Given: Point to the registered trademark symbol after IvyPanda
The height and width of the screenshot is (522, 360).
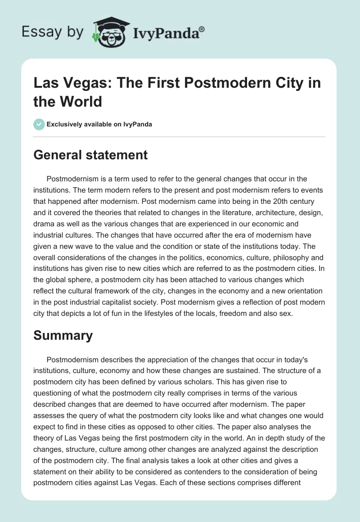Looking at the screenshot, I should (202, 28).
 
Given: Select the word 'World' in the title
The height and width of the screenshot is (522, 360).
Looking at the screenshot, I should (80, 101).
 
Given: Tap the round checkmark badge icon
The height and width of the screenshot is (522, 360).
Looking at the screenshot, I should (39, 124).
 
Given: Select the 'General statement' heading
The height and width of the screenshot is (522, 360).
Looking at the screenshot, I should (90, 155).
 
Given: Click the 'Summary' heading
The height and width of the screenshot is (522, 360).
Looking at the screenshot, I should (63, 335).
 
